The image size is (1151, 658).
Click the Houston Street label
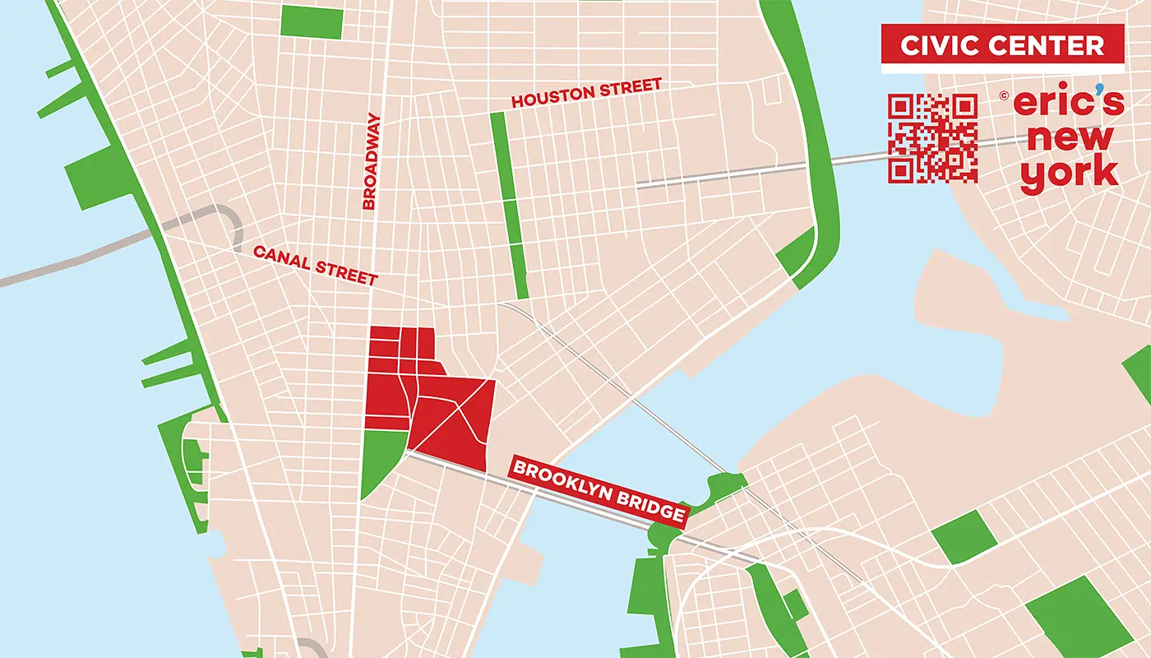pos(586,94)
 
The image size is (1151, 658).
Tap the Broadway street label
pos(371,161)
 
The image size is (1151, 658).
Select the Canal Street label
pos(315,266)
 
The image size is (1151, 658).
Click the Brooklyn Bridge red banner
pos(598,491)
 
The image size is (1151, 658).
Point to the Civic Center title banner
pos(1002,44)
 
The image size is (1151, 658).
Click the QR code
pos(932,138)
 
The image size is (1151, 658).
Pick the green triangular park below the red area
pos(379,461)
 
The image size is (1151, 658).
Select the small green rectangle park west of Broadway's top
pos(311,22)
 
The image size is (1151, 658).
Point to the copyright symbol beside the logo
pos(1004,95)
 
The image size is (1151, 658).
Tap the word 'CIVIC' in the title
pos(938,45)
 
